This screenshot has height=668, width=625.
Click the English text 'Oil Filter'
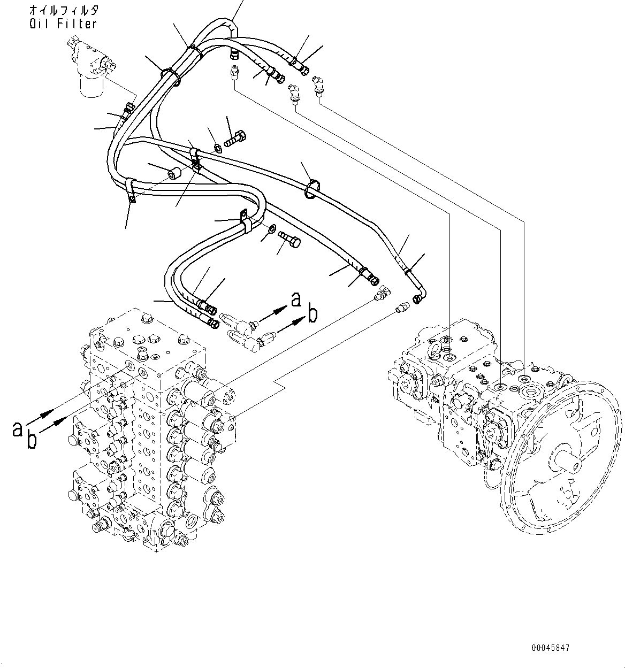point(63,24)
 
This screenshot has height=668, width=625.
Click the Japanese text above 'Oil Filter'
point(63,10)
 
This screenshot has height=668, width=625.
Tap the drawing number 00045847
point(551,648)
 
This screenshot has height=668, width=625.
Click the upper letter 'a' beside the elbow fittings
point(296,300)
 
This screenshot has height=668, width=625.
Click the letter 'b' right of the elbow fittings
point(312,314)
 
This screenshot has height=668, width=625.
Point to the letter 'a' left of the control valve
point(18,428)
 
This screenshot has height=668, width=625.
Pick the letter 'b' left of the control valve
point(32,440)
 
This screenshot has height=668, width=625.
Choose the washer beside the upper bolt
point(218,147)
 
